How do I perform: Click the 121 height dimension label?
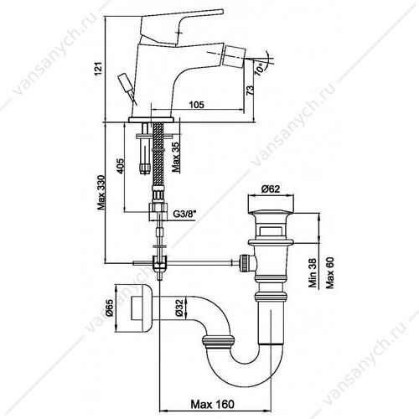click(x=98, y=69)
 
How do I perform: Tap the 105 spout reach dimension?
click(x=197, y=105)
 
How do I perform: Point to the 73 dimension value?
click(x=251, y=91)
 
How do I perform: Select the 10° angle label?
click(x=259, y=69)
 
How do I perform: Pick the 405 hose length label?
click(x=120, y=166)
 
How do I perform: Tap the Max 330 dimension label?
click(x=101, y=192)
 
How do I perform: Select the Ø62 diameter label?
click(x=271, y=189)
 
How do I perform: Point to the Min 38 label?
click(x=313, y=272)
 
